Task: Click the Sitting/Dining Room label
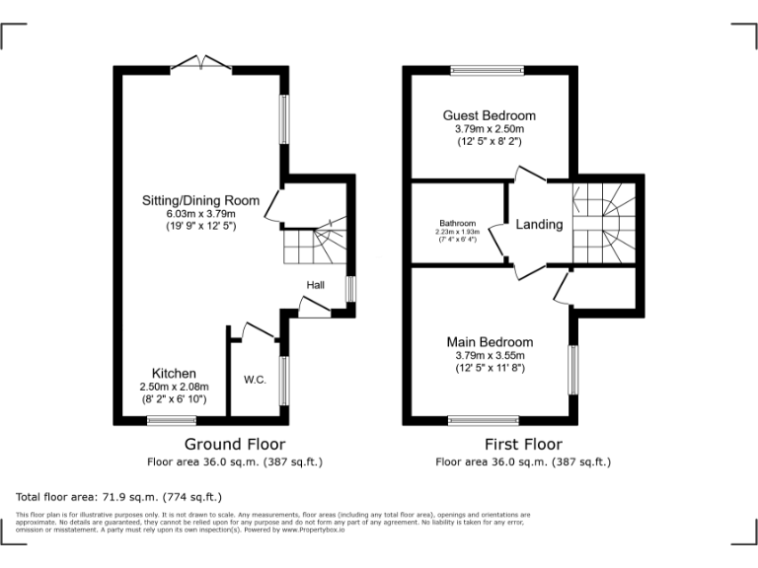click(x=199, y=200)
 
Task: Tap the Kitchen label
click(x=173, y=373)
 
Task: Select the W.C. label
click(x=255, y=380)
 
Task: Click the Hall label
click(x=316, y=285)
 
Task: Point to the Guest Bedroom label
click(x=489, y=115)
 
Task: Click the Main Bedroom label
click(x=489, y=342)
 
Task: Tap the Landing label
click(x=539, y=224)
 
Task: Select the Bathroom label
click(x=458, y=223)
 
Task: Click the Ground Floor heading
click(x=235, y=445)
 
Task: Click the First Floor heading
click(x=523, y=445)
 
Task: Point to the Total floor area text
click(x=119, y=497)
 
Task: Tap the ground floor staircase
click(x=316, y=245)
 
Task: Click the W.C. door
click(x=259, y=330)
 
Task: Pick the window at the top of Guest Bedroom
click(x=488, y=70)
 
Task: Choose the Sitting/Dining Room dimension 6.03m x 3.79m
click(x=199, y=214)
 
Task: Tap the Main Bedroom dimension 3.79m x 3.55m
click(x=489, y=355)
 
